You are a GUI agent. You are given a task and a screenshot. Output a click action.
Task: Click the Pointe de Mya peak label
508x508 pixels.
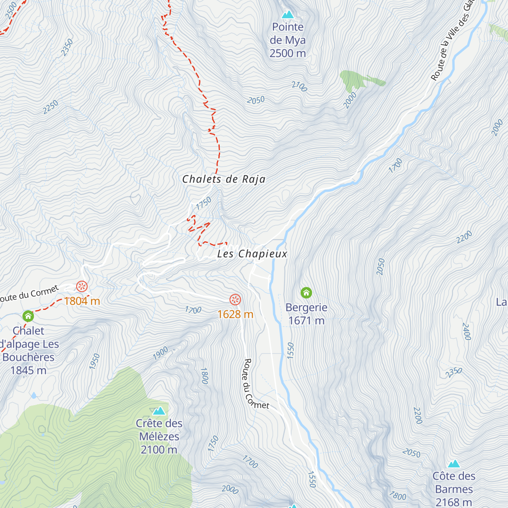point(288,40)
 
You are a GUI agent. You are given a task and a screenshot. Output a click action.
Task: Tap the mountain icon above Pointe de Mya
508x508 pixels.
point(288,15)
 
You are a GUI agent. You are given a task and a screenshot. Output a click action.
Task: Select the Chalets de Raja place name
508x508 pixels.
point(224,179)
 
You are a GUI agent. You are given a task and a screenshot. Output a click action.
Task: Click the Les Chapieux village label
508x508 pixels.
point(252,254)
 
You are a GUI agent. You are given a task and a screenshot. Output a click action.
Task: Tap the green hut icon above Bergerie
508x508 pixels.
point(306,293)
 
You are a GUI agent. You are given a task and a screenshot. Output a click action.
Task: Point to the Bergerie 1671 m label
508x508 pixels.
point(306,314)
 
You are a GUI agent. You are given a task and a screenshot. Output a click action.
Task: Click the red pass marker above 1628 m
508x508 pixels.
point(235,300)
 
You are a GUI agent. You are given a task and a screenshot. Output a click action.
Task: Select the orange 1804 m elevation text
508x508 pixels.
point(82,301)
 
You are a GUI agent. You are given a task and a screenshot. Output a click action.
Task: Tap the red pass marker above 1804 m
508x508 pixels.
point(82,287)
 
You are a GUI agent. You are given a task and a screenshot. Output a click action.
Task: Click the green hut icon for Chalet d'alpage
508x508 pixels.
point(28,316)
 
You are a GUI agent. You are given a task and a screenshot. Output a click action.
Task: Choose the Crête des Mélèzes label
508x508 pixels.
point(159,436)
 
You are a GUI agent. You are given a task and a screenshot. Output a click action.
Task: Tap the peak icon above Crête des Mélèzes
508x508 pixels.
point(159,411)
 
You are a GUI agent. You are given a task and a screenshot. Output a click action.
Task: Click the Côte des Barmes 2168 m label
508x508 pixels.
point(454,489)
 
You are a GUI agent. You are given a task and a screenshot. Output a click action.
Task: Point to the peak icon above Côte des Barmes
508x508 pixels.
point(454,464)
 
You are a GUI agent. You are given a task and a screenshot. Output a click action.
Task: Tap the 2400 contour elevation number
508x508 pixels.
point(466,331)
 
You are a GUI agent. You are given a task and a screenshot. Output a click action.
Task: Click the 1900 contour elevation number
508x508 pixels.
point(160,353)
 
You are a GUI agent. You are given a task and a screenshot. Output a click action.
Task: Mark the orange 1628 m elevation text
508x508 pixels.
point(235,314)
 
